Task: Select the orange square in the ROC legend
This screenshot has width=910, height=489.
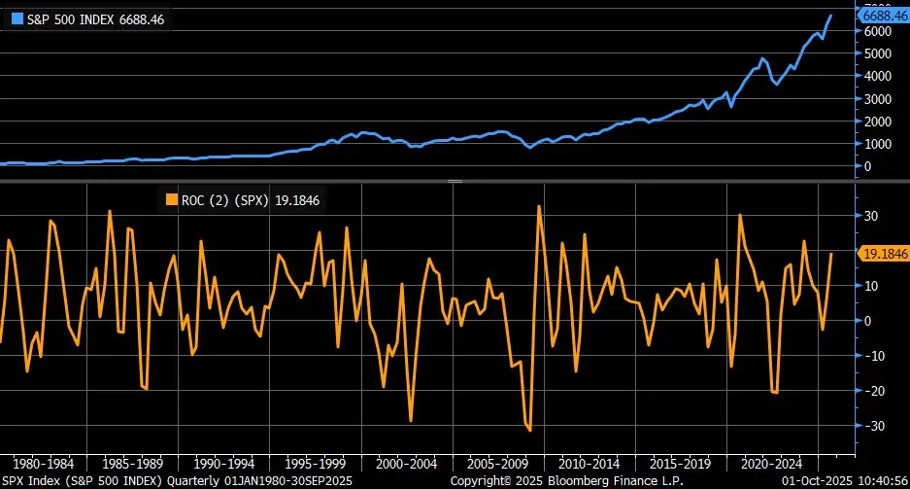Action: tap(172, 200)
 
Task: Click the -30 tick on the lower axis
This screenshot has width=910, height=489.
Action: tap(872, 426)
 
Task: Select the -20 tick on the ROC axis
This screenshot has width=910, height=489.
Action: tap(872, 391)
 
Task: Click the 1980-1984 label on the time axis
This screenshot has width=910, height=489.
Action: tap(44, 463)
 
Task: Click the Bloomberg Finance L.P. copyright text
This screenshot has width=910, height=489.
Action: tap(568, 480)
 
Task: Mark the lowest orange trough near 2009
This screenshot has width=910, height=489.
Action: tap(529, 430)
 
